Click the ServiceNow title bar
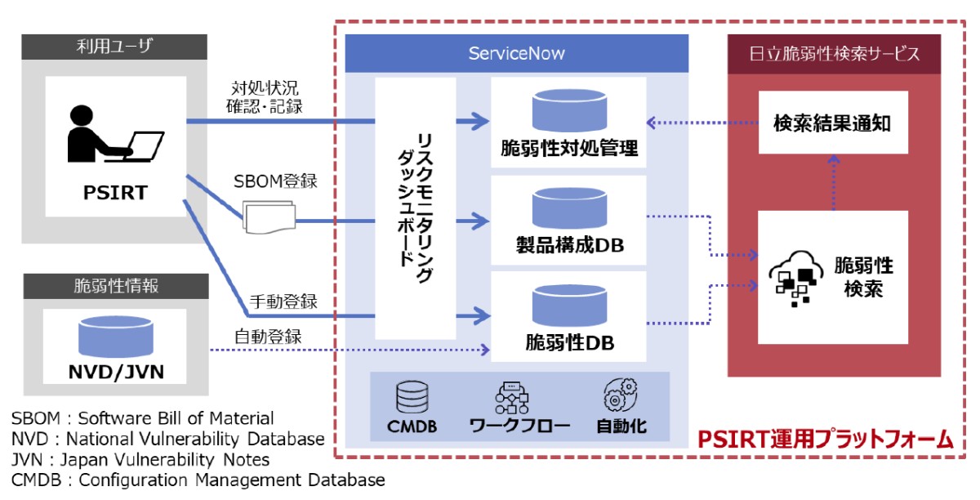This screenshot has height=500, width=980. point(516,54)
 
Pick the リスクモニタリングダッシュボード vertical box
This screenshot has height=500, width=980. point(416,208)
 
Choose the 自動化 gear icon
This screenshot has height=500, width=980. point(618,396)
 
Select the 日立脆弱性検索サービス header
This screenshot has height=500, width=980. point(833,54)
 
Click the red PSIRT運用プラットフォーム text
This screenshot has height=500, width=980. point(825,440)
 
